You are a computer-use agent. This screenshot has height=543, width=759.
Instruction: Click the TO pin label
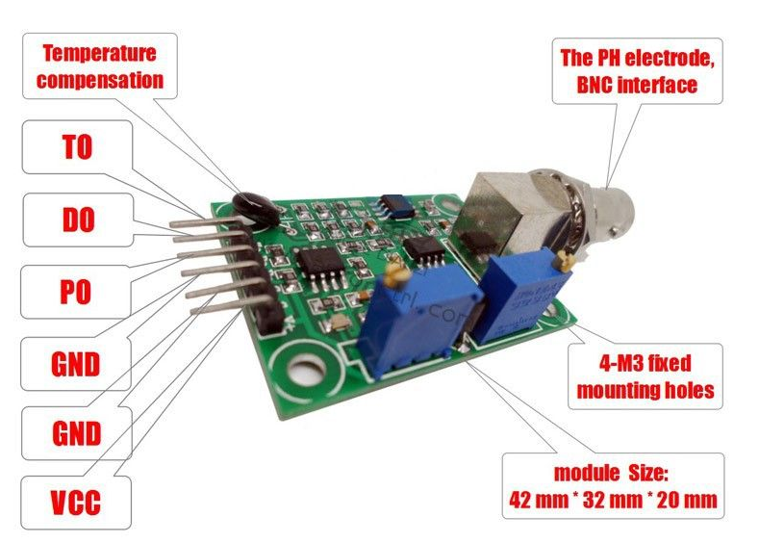[x=76, y=147]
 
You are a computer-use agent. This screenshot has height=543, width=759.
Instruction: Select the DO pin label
[x=76, y=220]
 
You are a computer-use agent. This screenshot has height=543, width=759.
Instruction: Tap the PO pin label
[x=76, y=292]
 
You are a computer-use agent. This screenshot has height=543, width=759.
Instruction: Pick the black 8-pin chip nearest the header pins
[x=316, y=265]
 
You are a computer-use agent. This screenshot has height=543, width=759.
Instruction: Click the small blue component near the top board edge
[x=393, y=204]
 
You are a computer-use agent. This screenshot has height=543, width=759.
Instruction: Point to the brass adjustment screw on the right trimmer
[x=569, y=255]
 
